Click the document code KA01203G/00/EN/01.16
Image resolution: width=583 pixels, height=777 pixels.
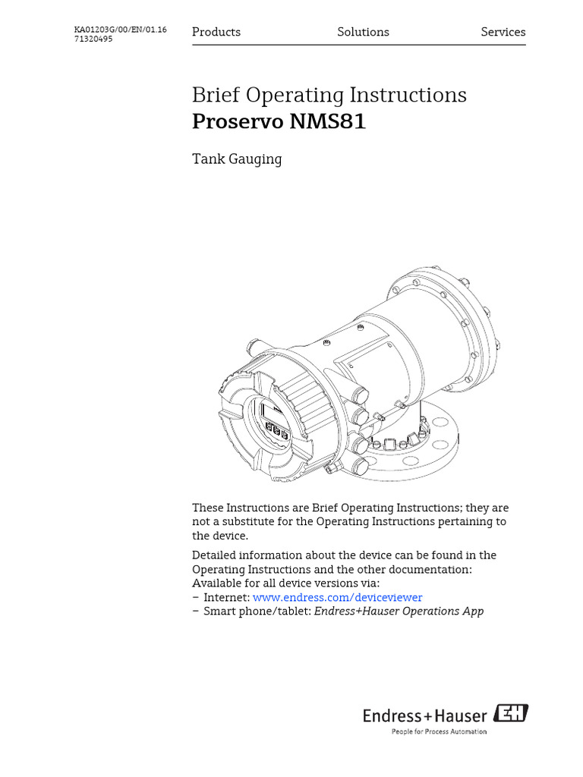(120, 30)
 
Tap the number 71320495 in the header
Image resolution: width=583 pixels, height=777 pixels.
(93, 39)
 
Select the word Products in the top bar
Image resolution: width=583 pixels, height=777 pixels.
(216, 32)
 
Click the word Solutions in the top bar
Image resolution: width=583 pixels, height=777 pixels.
(363, 32)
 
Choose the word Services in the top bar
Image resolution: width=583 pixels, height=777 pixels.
(503, 32)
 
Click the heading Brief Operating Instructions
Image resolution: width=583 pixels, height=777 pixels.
(329, 96)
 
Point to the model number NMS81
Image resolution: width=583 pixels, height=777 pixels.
(327, 121)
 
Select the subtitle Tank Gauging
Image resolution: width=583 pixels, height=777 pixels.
(237, 159)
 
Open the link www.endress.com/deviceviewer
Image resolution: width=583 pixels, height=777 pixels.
(337, 597)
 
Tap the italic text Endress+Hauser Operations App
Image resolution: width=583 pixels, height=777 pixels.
(399, 611)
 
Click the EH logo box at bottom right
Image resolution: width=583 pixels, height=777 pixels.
(512, 714)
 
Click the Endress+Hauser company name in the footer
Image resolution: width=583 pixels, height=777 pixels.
(425, 715)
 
